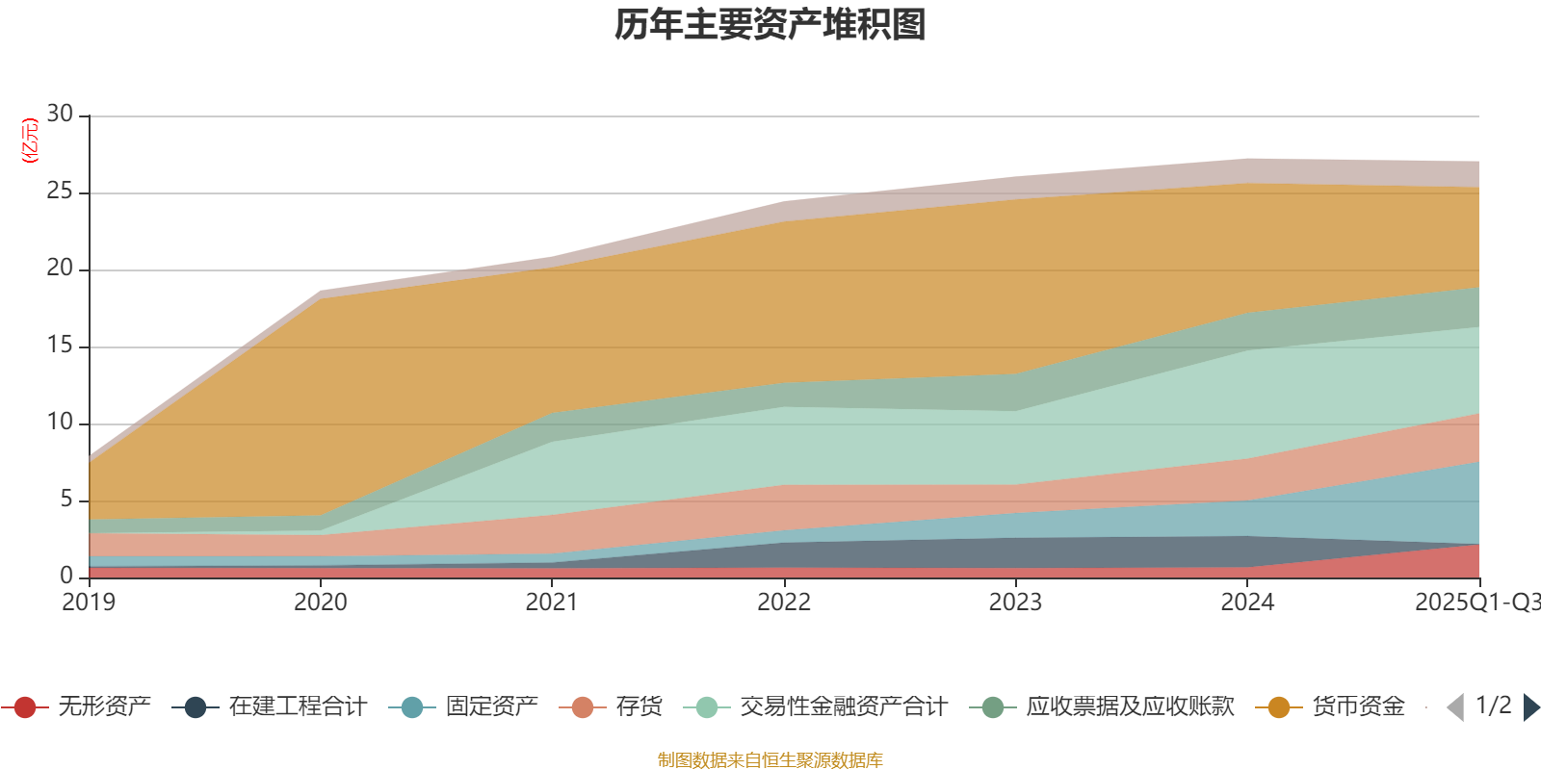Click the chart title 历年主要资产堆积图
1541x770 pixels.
[x=770, y=26]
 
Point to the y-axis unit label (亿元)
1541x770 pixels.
[x=30, y=141]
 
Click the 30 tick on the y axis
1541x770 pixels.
[x=60, y=115]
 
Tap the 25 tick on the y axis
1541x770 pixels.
[x=60, y=192]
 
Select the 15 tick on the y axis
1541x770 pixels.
[x=60, y=346]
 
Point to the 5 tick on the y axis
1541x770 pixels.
[x=65, y=500]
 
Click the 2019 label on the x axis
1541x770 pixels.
[x=89, y=603]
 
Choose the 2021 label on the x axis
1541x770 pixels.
[x=552, y=603]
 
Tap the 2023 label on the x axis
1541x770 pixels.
[x=1015, y=603]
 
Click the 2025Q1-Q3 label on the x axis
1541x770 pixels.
[x=1476, y=603]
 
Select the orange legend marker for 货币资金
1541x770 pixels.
[x=1279, y=707]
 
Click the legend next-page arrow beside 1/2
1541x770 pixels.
[x=1531, y=707]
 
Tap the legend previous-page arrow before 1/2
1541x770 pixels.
[x=1455, y=707]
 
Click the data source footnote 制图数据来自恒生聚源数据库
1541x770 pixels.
[x=770, y=760]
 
